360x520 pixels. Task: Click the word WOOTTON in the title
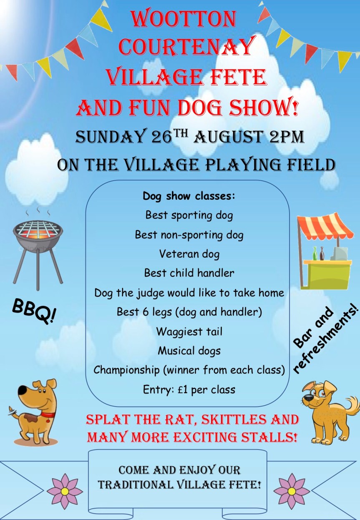[x=184, y=20]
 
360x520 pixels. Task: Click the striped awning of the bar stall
[x=325, y=225]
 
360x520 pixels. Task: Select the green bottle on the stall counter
[x=315, y=253]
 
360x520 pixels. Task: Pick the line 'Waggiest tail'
[x=189, y=331]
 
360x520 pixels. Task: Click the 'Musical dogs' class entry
[x=189, y=351]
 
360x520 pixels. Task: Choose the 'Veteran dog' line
[x=189, y=254]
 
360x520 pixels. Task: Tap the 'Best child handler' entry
[x=189, y=273]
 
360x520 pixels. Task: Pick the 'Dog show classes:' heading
[x=189, y=196]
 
